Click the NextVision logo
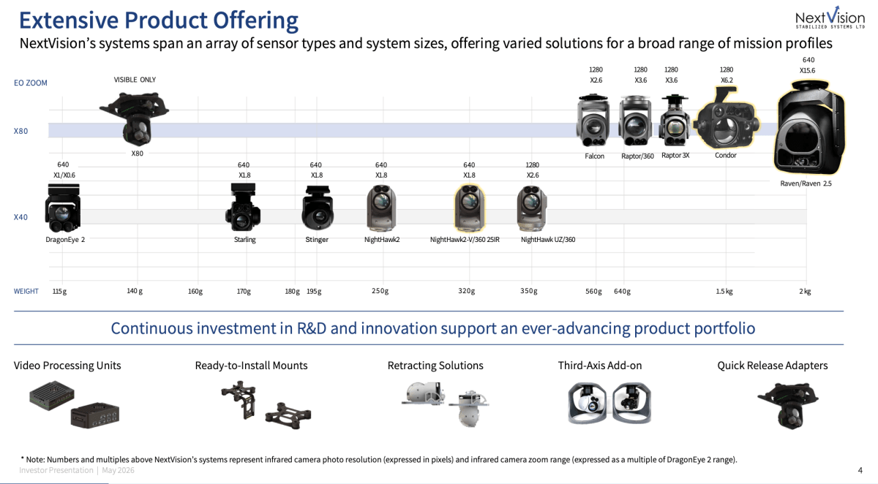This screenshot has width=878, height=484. [830, 18]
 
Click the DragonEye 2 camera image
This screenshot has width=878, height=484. [63, 208]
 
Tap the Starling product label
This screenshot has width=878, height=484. [244, 239]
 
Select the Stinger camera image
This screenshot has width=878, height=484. [318, 208]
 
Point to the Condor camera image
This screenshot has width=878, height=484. [727, 119]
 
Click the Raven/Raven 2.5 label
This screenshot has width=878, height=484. [806, 184]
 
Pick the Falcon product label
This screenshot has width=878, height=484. [594, 156]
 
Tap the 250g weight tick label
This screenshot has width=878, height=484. [380, 291]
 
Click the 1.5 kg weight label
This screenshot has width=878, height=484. [724, 291]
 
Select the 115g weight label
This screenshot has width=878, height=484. [59, 291]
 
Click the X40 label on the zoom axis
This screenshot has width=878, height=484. [20, 217]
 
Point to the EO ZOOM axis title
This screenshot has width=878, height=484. [31, 83]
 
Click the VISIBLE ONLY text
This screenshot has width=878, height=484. [135, 80]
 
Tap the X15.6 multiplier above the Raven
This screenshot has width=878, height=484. [808, 70]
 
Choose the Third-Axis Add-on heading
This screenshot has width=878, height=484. [600, 366]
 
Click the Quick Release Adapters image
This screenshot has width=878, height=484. [788, 405]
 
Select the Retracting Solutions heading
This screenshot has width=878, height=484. [435, 366]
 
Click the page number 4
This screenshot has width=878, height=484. [860, 470]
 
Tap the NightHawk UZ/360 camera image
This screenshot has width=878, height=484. [532, 208]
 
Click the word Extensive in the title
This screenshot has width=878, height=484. [69, 20]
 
